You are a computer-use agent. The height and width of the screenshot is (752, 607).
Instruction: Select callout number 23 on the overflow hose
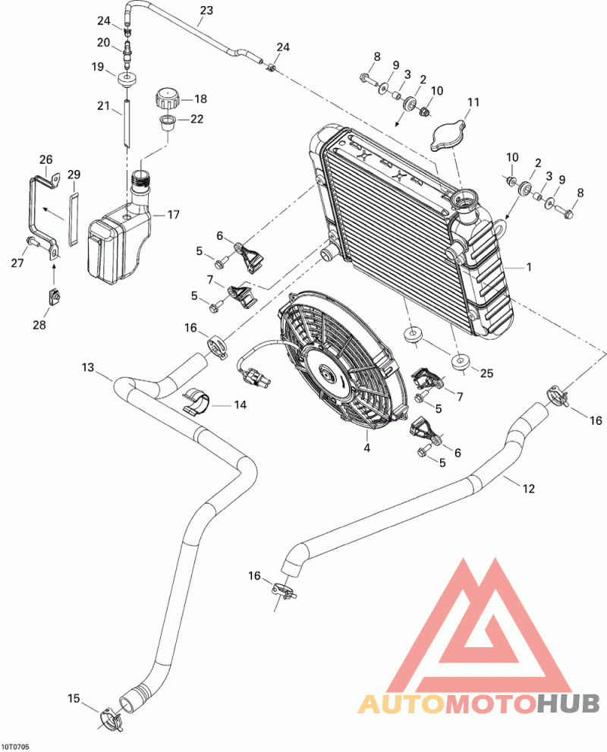206,11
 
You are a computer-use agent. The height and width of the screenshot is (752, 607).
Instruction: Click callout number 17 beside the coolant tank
173,215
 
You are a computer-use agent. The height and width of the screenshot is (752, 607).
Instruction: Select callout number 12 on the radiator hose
529,489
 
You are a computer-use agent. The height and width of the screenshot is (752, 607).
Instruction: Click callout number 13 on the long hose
88,367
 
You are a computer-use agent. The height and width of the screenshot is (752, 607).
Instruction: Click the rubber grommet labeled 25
460,363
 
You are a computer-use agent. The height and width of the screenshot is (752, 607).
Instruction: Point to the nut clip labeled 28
55,298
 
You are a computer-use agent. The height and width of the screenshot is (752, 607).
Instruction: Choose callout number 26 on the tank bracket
46,159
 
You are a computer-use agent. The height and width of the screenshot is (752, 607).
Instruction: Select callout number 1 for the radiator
529,267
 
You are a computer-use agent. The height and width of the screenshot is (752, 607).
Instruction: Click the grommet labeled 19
125,80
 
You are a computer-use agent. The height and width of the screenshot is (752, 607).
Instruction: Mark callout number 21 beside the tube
103,107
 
